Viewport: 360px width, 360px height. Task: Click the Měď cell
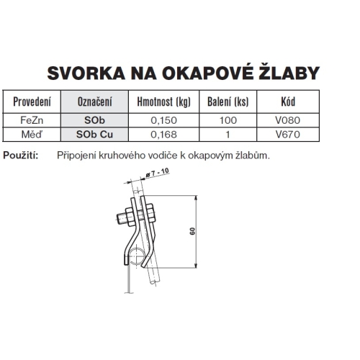32,133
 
